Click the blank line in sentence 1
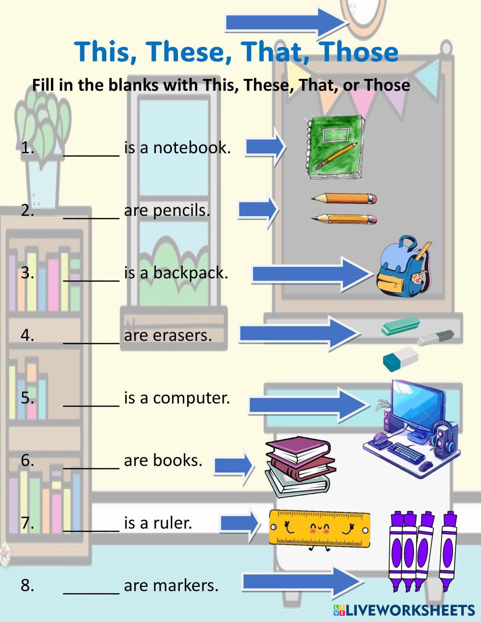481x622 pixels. (91, 149)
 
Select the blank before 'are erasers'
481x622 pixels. (91, 336)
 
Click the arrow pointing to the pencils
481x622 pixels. (258, 210)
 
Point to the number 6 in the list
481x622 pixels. (27, 460)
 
